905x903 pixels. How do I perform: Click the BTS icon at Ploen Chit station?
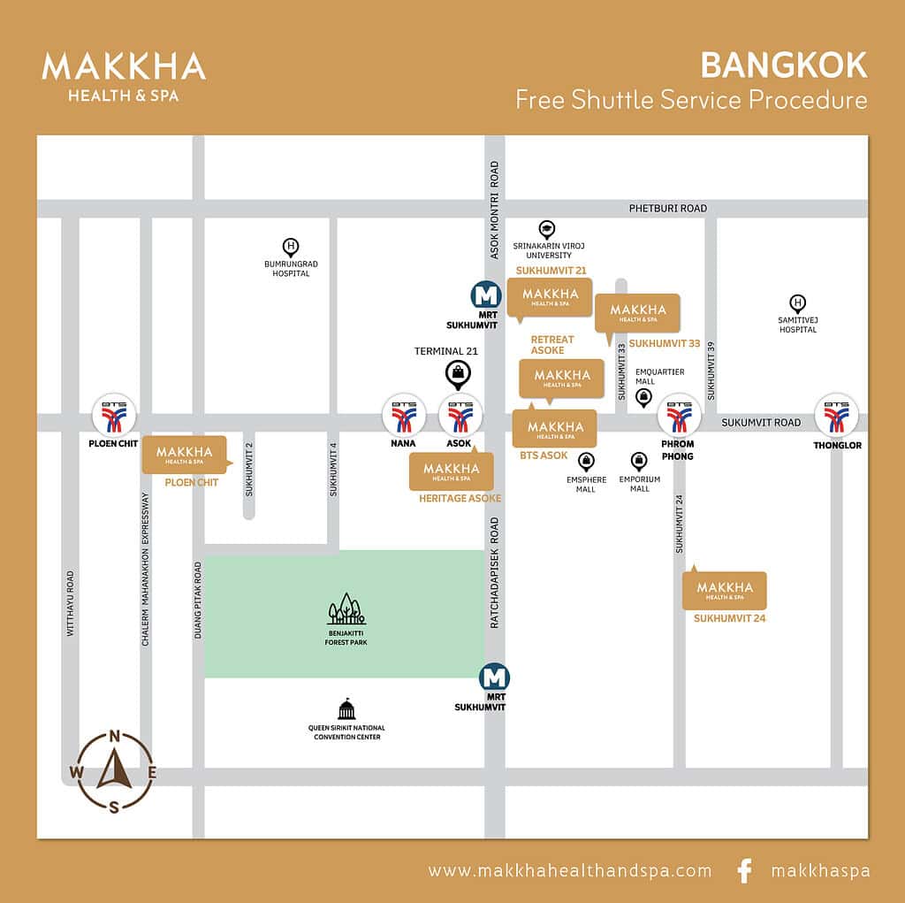pyautogui.click(x=115, y=415)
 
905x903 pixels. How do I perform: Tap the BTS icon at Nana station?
pyautogui.click(x=404, y=416)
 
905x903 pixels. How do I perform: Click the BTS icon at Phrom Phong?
pyautogui.click(x=679, y=416)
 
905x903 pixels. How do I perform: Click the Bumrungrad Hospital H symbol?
pyautogui.click(x=290, y=246)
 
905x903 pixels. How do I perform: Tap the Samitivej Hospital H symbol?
pyautogui.click(x=798, y=303)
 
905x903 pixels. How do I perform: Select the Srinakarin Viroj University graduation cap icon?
pyautogui.click(x=546, y=229)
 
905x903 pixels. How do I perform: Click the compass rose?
pyautogui.click(x=115, y=771)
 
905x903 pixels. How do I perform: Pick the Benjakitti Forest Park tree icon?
pyautogui.click(x=346, y=610)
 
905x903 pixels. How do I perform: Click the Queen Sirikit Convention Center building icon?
pyautogui.click(x=346, y=709)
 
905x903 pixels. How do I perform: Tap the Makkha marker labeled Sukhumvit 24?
pyautogui.click(x=724, y=591)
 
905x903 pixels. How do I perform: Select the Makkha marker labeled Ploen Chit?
pyautogui.click(x=185, y=455)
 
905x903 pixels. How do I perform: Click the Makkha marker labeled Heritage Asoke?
pyautogui.click(x=452, y=472)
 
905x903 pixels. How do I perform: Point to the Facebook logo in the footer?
pyautogui.click(x=744, y=871)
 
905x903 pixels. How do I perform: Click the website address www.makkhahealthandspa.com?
pyautogui.click(x=570, y=871)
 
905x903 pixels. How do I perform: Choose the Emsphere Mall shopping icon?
pyautogui.click(x=586, y=461)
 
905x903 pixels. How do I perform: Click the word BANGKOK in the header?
pyautogui.click(x=783, y=65)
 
